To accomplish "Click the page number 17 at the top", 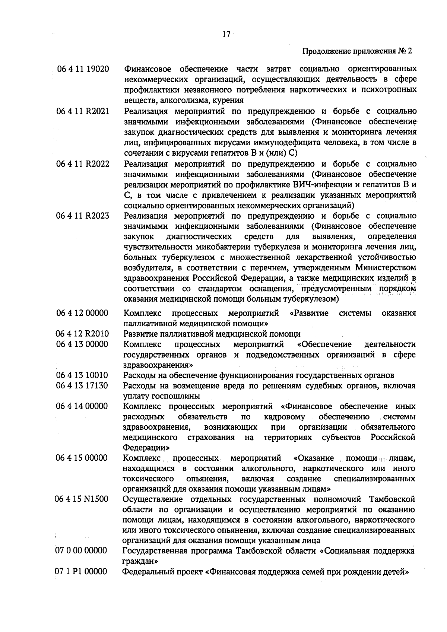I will pyautogui.click(x=226, y=34).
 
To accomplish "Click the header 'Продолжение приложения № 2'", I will pyautogui.click(x=357, y=51).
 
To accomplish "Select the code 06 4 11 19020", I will pyautogui.click(x=83, y=69).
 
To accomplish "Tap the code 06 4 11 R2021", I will pyautogui.click(x=83, y=111).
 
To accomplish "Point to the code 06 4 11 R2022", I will pyautogui.click(x=83, y=164).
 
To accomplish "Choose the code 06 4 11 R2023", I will pyautogui.click(x=83, y=216).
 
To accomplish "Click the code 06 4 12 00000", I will pyautogui.click(x=82, y=313).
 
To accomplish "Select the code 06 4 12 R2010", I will pyautogui.click(x=82, y=334).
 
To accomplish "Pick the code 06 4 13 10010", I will pyautogui.click(x=82, y=375).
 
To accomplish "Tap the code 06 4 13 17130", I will pyautogui.click(x=82, y=385).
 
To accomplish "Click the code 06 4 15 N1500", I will pyautogui.click(x=82, y=499).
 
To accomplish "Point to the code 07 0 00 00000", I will pyautogui.click(x=81, y=550).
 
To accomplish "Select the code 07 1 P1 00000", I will pyautogui.click(x=81, y=571).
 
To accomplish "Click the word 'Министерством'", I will pyautogui.click(x=386, y=268).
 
